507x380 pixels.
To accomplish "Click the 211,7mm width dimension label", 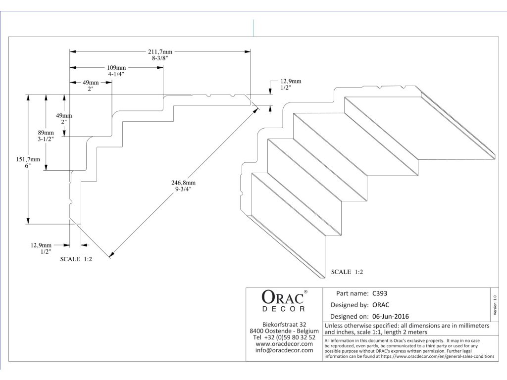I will pyautogui.click(x=160, y=51).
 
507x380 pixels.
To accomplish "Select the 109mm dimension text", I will pyautogui.click(x=116, y=68).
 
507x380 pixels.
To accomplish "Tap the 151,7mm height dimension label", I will pyautogui.click(x=22, y=159).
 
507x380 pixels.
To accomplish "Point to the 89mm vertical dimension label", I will pyautogui.click(x=46, y=133).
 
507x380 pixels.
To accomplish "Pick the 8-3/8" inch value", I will pyautogui.click(x=160, y=58).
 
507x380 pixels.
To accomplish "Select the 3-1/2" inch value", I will pyautogui.click(x=46, y=140).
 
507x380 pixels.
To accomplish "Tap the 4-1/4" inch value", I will pyautogui.click(x=116, y=74).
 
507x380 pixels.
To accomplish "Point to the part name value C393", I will pyautogui.click(x=380, y=293).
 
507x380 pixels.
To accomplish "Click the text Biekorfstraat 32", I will pyautogui.click(x=284, y=324).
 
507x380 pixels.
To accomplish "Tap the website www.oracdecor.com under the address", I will pyautogui.click(x=284, y=343).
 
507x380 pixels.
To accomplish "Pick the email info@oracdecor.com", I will pyautogui.click(x=284, y=350).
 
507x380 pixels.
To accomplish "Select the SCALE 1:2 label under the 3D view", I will pyautogui.click(x=348, y=272).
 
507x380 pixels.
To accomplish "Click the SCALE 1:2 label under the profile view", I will pyautogui.click(x=76, y=258).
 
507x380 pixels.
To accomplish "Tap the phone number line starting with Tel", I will pyautogui.click(x=284, y=337).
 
